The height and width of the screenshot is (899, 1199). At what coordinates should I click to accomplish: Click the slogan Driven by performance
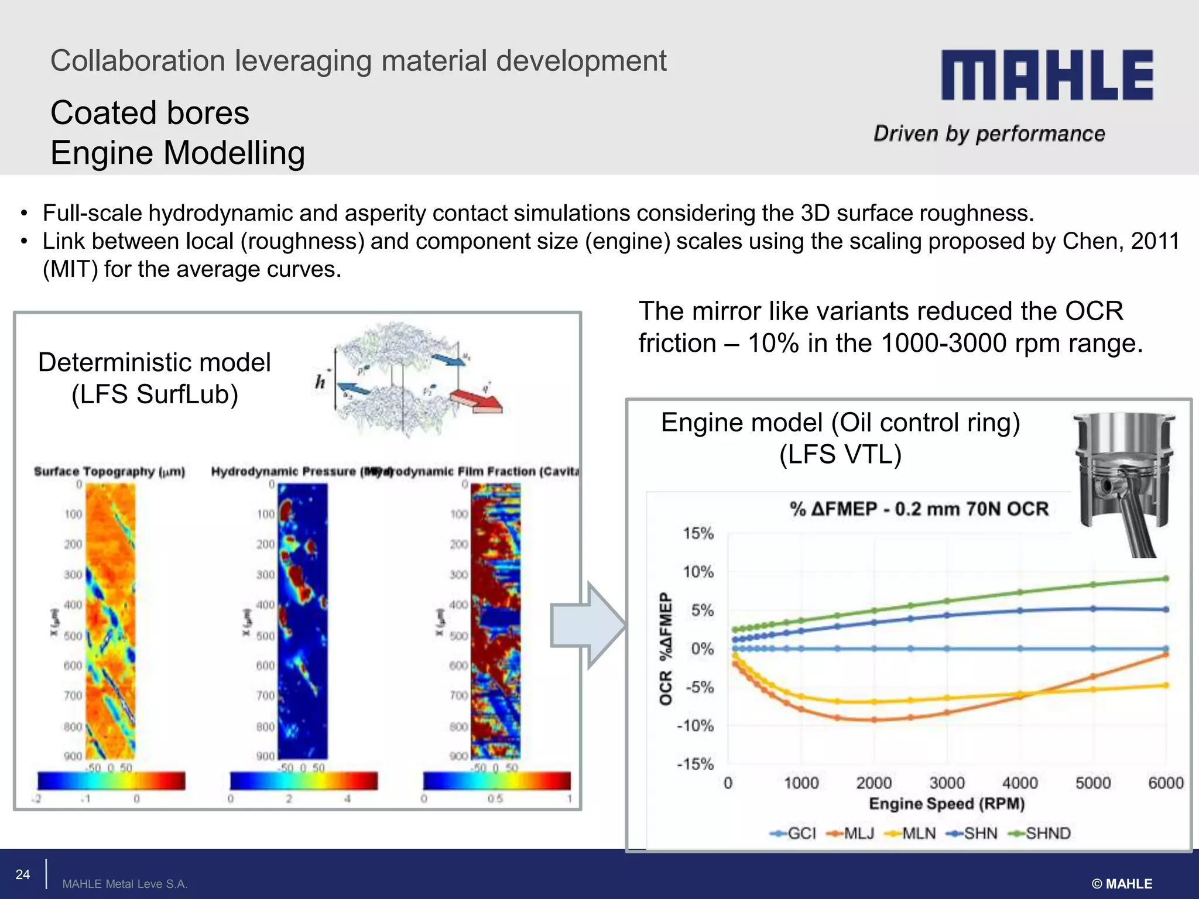click(989, 134)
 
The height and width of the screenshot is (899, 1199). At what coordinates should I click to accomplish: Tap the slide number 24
click(23, 874)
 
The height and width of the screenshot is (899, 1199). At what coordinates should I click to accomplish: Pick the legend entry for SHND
click(1040, 833)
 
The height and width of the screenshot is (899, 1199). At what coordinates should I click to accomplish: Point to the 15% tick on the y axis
click(698, 534)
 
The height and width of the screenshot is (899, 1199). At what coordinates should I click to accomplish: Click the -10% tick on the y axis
click(696, 726)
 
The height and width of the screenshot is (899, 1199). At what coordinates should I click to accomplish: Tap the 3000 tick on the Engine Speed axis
click(947, 783)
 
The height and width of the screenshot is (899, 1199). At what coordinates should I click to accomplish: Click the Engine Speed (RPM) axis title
click(947, 804)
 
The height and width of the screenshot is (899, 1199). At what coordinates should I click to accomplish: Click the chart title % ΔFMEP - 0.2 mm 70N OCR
click(919, 509)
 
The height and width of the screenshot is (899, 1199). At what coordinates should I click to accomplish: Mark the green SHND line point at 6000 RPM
click(1166, 579)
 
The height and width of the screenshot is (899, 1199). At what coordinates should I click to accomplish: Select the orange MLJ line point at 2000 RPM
click(874, 720)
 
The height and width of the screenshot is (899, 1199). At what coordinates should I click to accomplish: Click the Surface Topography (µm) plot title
click(109, 472)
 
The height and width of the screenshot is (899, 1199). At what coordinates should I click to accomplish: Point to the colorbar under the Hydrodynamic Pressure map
click(304, 781)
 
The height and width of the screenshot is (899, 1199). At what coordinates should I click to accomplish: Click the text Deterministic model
click(155, 363)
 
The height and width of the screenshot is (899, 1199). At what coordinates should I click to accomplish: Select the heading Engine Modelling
click(178, 153)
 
